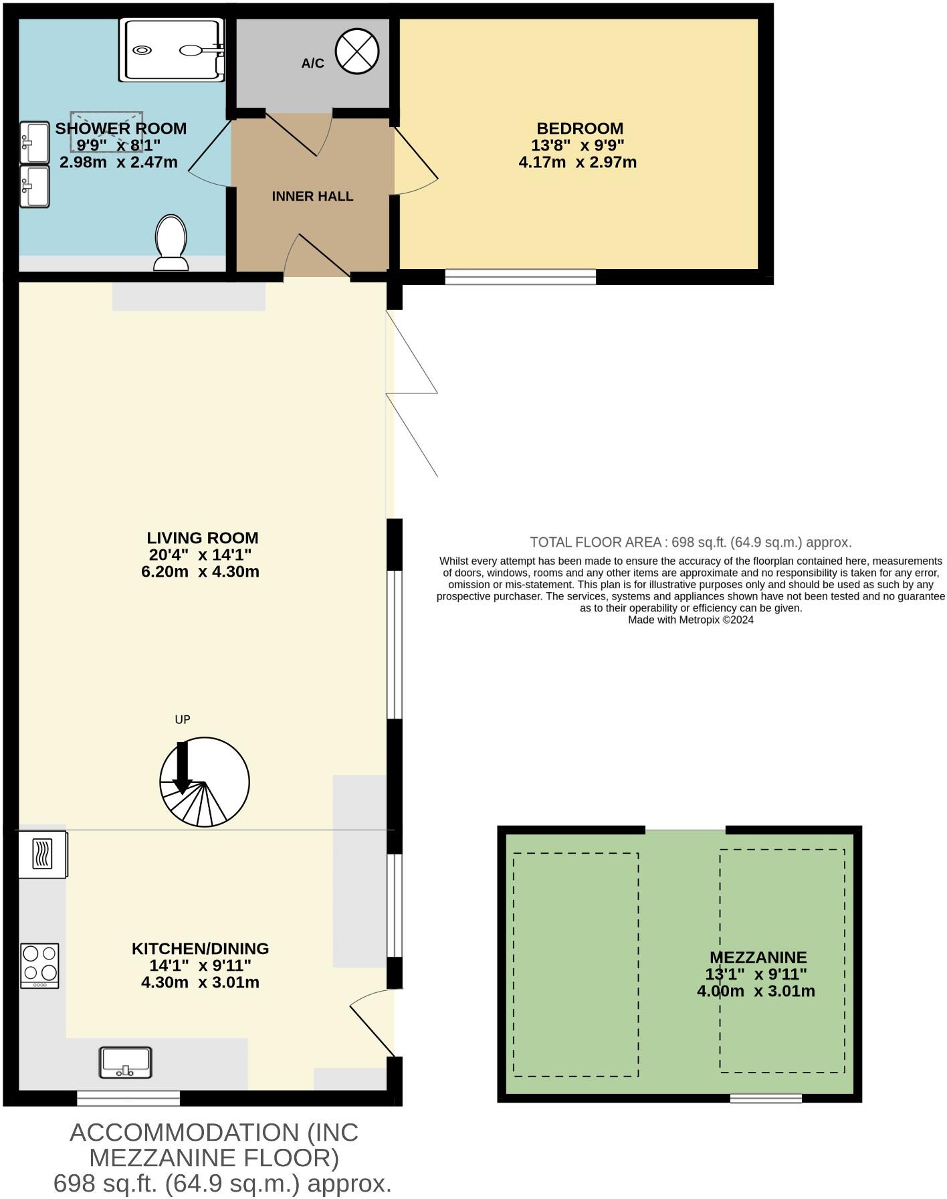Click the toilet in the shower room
tap(171, 242)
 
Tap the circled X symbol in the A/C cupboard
tap(357, 52)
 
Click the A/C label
tap(312, 64)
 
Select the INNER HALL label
tap(312, 196)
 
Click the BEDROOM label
tap(579, 128)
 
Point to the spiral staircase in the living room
tap(205, 781)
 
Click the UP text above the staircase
tap(183, 719)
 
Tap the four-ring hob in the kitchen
tap(40, 965)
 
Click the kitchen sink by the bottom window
tap(126, 1063)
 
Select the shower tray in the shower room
tap(171, 50)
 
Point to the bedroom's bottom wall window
tap(520, 276)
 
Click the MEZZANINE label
tap(758, 957)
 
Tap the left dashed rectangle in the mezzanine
tap(576, 964)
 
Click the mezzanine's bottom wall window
tap(765, 1098)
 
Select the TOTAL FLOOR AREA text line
tap(690, 542)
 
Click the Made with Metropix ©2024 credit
tap(690, 620)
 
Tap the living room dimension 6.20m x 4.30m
tap(200, 571)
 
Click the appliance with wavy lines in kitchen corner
tap(42, 854)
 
